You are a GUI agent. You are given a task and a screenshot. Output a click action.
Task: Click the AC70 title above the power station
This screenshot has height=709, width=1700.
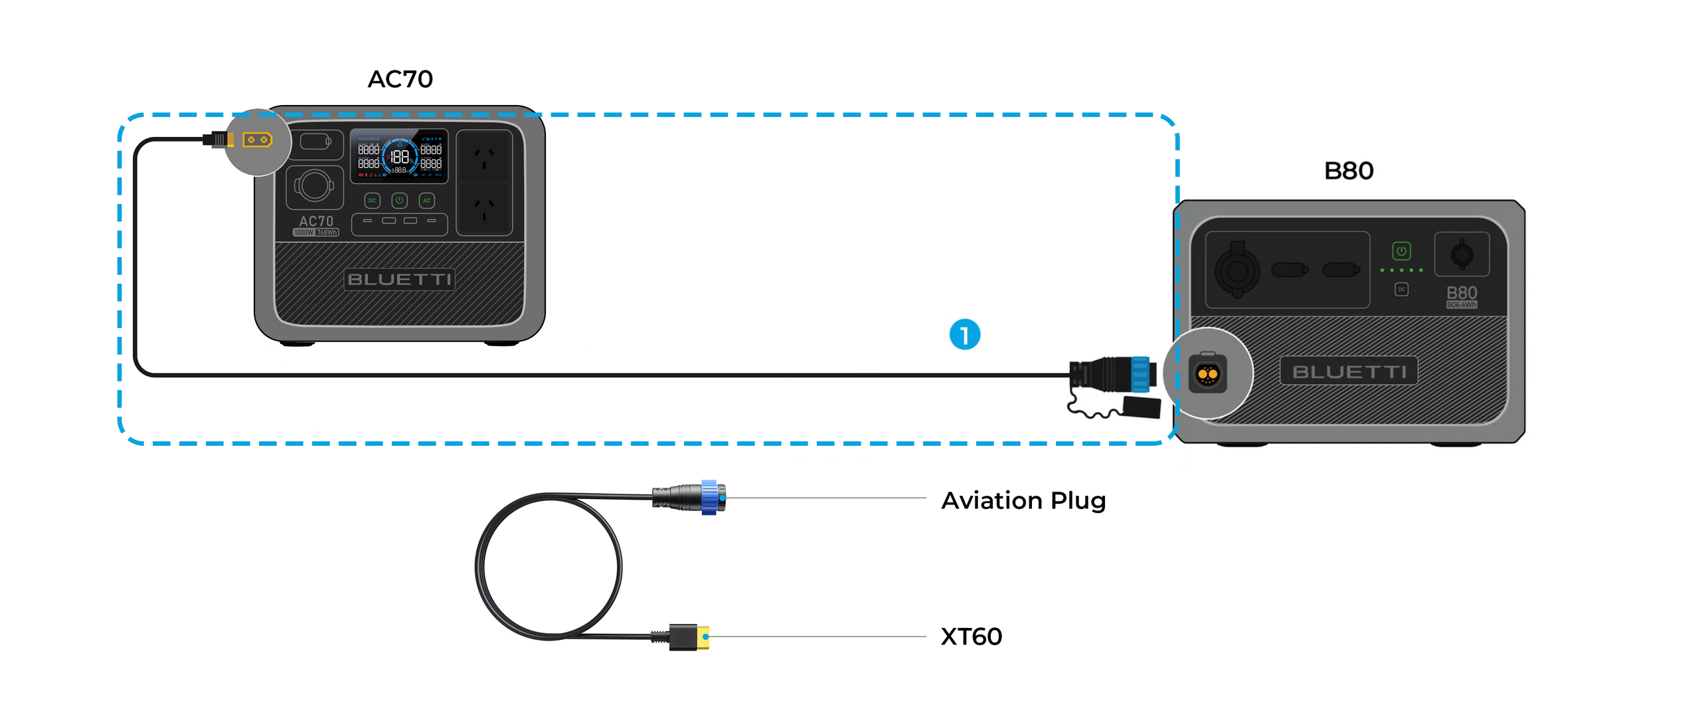point(400,79)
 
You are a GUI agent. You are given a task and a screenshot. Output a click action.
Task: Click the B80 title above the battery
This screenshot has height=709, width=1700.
point(1348,171)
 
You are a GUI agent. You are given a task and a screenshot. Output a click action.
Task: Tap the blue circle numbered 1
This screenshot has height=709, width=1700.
point(964,334)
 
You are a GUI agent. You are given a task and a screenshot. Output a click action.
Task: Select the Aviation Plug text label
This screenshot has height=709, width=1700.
point(1023,500)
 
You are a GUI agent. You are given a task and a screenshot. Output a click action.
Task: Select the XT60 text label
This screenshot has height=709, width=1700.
point(971,637)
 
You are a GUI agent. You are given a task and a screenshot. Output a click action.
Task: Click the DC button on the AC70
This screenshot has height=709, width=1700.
point(372,200)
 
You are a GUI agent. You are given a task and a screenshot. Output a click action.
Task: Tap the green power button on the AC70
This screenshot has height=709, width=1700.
point(399,200)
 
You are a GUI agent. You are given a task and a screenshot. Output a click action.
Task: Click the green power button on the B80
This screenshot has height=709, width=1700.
point(1401,251)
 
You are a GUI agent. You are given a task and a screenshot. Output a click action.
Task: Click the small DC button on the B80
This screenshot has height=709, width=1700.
point(1401,289)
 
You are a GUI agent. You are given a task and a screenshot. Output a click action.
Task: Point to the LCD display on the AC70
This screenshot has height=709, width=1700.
point(398,156)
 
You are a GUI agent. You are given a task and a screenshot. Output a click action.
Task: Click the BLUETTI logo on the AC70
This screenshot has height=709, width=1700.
point(399,279)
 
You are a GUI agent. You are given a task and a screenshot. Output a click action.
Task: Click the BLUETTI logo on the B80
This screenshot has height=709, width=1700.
point(1349,371)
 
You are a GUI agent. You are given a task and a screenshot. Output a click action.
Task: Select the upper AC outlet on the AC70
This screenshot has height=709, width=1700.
point(484,157)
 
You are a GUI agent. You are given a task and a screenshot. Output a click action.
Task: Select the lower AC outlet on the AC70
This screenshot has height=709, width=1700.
point(484,209)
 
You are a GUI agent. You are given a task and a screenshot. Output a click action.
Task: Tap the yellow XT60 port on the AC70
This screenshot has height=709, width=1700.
point(257,140)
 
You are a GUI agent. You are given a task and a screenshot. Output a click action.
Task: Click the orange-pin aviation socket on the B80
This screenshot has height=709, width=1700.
point(1207,374)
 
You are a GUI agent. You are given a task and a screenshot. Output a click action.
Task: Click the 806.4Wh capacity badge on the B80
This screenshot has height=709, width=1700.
point(1462,305)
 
